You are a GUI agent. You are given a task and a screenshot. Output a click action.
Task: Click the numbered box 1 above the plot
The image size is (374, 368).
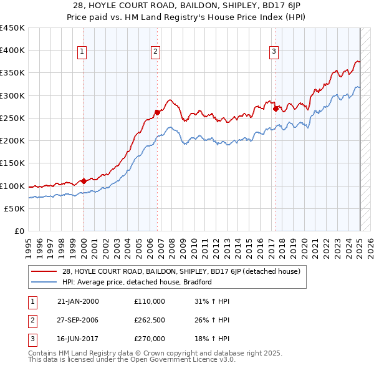(x=83, y=52)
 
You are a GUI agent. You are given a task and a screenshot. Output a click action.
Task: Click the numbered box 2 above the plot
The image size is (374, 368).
(x=156, y=52)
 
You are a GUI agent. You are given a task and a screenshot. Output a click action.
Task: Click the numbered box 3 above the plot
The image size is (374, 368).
(x=274, y=52)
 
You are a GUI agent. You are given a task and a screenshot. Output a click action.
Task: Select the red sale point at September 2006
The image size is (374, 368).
(x=157, y=113)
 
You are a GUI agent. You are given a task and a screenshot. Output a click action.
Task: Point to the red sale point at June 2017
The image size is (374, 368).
(x=276, y=109)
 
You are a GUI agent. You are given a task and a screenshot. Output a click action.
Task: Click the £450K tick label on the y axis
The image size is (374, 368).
(x=12, y=28)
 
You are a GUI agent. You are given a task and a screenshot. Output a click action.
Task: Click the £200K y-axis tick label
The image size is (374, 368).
(x=12, y=141)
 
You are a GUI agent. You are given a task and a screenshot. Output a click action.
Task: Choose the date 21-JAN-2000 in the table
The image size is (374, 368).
(x=77, y=301)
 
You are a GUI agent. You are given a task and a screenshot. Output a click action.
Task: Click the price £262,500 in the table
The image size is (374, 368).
(x=150, y=320)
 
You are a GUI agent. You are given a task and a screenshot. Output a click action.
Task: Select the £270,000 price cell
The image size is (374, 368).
(x=150, y=339)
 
